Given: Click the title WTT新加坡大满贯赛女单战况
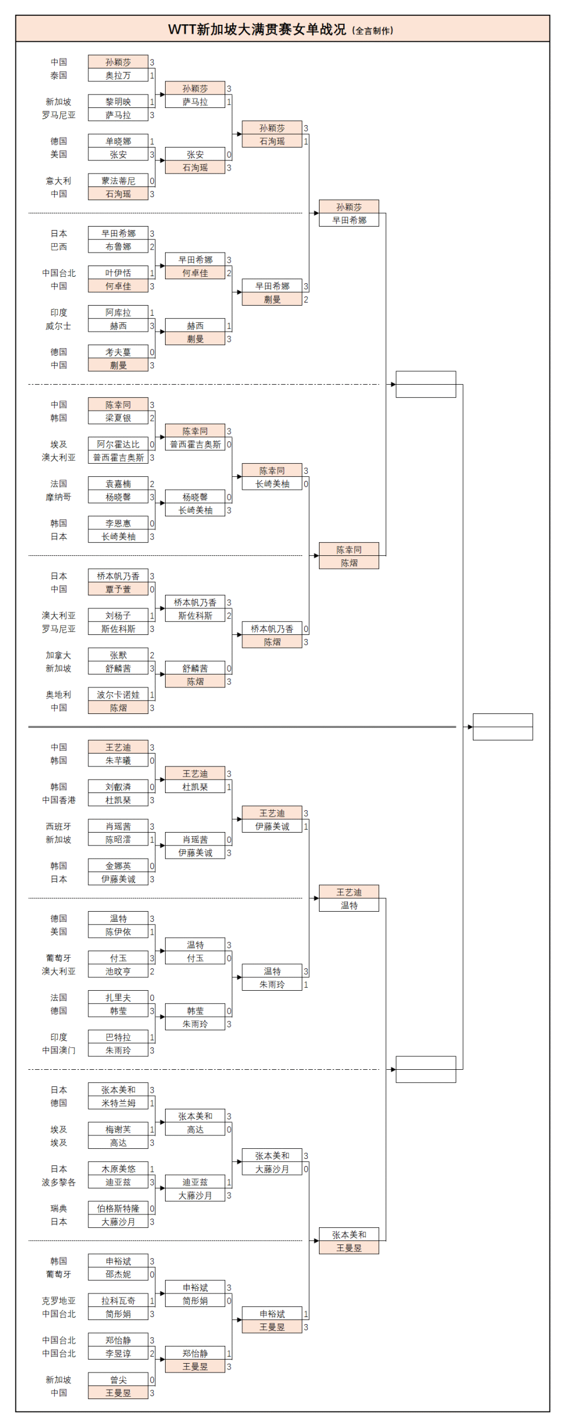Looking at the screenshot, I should pos(257,30).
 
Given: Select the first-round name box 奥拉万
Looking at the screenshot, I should pos(118,76).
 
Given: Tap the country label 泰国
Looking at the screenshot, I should pos(58,76).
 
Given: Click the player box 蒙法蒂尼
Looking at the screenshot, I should pos(118,181).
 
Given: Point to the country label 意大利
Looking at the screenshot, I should pos(58,181).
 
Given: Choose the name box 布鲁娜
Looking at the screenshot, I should pos(118,247).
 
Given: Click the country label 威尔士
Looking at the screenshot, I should pos(58,326).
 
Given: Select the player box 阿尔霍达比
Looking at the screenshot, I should pos(118,444).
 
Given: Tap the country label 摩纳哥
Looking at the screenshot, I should pos(58,497).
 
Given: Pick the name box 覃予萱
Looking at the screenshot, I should pos(118,589).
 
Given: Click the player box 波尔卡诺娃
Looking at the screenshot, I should pos(118,695).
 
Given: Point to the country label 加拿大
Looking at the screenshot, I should pos(58,655).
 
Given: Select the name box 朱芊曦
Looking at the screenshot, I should pos(118,761).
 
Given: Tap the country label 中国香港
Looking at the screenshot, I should pos(58,800).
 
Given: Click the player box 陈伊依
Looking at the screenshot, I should pos(118,932).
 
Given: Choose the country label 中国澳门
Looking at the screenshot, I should pos(58,1050).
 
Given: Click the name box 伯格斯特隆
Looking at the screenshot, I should pos(118,1208).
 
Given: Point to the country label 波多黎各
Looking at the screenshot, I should pos(58,1182).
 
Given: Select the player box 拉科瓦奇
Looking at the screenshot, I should pos(118,1301).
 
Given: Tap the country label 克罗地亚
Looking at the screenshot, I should pos(58,1301).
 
